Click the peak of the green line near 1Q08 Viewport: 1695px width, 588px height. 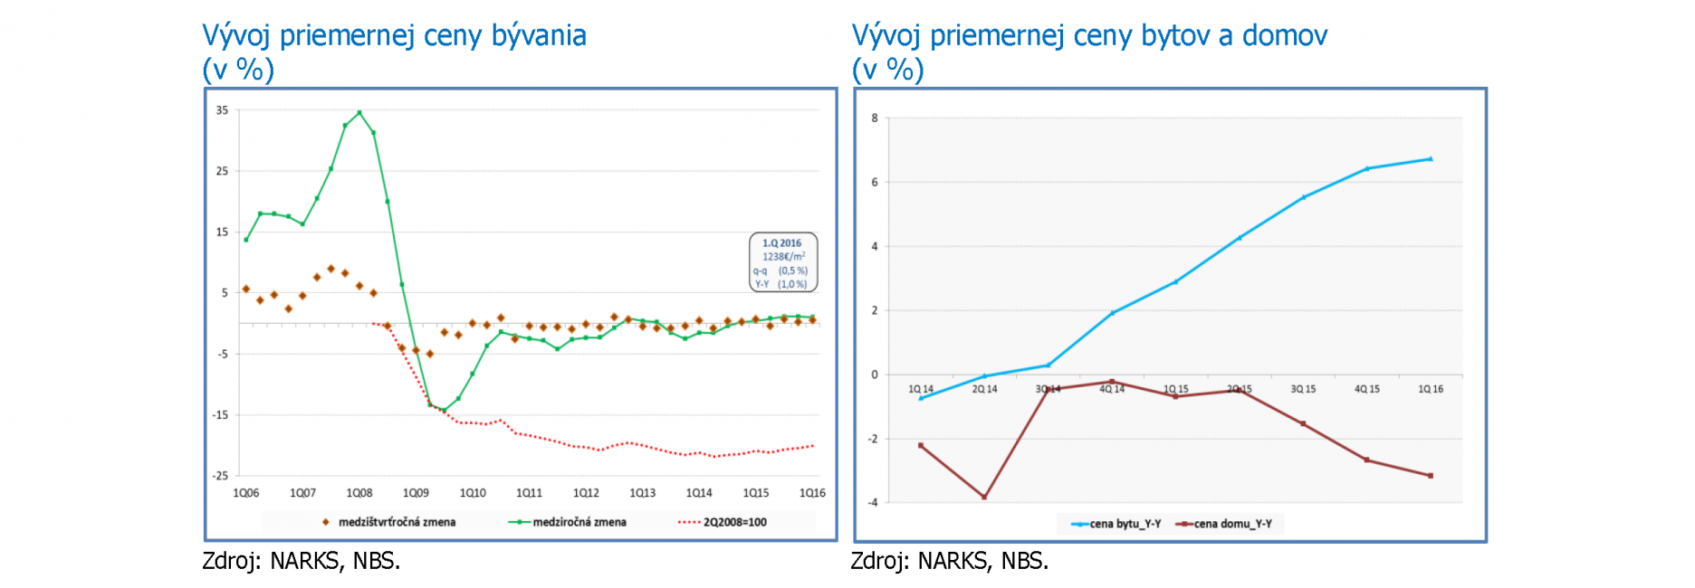pyautogui.click(x=359, y=113)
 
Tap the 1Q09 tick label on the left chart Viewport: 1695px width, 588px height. pyautogui.click(x=416, y=493)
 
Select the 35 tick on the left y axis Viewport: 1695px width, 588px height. pyautogui.click(x=222, y=110)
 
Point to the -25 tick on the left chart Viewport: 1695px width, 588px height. pyautogui.click(x=221, y=476)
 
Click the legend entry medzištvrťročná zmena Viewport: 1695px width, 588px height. pyautogui.click(x=397, y=522)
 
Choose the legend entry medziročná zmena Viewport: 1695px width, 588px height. pyautogui.click(x=579, y=522)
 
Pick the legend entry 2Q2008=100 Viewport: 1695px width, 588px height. pyautogui.click(x=734, y=522)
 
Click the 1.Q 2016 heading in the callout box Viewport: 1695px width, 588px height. pyautogui.click(x=781, y=243)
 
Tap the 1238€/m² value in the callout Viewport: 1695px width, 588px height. pyautogui.click(x=783, y=257)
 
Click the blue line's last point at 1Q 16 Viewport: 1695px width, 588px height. pyautogui.click(x=1431, y=159)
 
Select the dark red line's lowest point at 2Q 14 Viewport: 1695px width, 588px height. pyautogui.click(x=984, y=497)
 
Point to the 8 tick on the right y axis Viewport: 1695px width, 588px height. pyautogui.click(x=875, y=119)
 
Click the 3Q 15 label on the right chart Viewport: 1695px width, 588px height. pyautogui.click(x=1303, y=389)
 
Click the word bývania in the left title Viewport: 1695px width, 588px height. pyautogui.click(x=539, y=36)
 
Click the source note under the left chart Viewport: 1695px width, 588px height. pyautogui.click(x=301, y=562)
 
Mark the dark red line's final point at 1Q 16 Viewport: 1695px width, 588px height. pyautogui.click(x=1431, y=476)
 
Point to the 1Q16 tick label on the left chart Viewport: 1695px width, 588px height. pyautogui.click(x=812, y=493)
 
